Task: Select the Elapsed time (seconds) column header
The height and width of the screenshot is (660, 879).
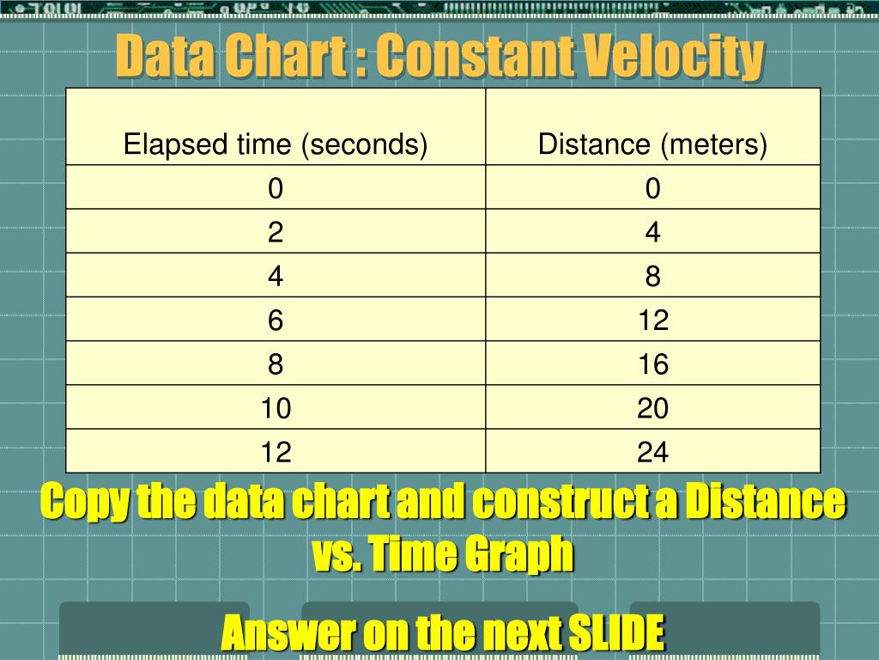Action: click(276, 144)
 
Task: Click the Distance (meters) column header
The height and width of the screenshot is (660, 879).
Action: click(652, 144)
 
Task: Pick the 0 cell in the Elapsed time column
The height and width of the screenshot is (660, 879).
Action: click(276, 188)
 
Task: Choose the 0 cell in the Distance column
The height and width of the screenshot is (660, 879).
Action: click(652, 188)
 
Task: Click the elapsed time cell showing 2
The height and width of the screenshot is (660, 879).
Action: click(276, 232)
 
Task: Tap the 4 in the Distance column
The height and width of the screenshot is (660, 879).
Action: click(652, 232)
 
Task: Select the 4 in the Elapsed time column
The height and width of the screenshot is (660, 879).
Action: click(276, 277)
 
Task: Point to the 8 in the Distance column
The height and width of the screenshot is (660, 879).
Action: click(652, 277)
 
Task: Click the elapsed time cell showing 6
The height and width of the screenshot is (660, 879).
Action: click(276, 321)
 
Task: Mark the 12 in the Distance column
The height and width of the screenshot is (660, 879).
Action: click(652, 321)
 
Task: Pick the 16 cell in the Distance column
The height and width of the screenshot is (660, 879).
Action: click(652, 364)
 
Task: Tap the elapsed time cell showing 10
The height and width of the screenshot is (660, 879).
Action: click(276, 408)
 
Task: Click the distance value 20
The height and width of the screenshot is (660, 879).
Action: click(652, 408)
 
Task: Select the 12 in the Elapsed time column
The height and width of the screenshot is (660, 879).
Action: click(276, 452)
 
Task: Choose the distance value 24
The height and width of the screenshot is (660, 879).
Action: click(652, 452)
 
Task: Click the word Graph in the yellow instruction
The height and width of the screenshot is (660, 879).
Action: click(520, 555)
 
